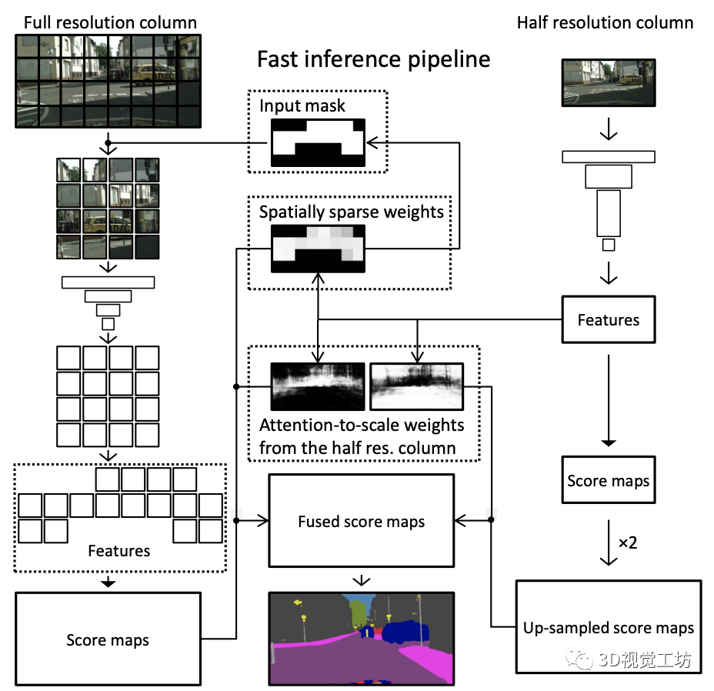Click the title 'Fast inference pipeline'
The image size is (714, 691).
point(373,60)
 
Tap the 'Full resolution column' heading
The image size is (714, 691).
point(110,22)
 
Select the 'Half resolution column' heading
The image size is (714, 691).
point(606,22)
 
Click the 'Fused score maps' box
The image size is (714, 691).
point(362,521)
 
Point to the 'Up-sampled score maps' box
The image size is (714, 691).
point(609,627)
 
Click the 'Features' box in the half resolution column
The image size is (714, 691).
point(609,319)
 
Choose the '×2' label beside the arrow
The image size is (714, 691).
point(628,542)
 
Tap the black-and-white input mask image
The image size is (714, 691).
point(318,142)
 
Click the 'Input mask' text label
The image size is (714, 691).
point(302,105)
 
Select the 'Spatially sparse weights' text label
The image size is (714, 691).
point(351,212)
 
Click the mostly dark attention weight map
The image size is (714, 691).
point(318,386)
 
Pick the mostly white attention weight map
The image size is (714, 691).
point(417,386)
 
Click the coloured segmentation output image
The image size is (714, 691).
point(362,638)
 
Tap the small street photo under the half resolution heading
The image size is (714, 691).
point(609,82)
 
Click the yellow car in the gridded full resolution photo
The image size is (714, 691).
point(152,73)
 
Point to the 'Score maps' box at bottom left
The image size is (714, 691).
point(108,639)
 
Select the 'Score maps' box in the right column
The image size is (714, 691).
point(609,480)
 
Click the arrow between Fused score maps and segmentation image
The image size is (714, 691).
point(362,580)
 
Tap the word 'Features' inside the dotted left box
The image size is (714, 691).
point(118,551)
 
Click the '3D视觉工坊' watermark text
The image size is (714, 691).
point(645,659)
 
